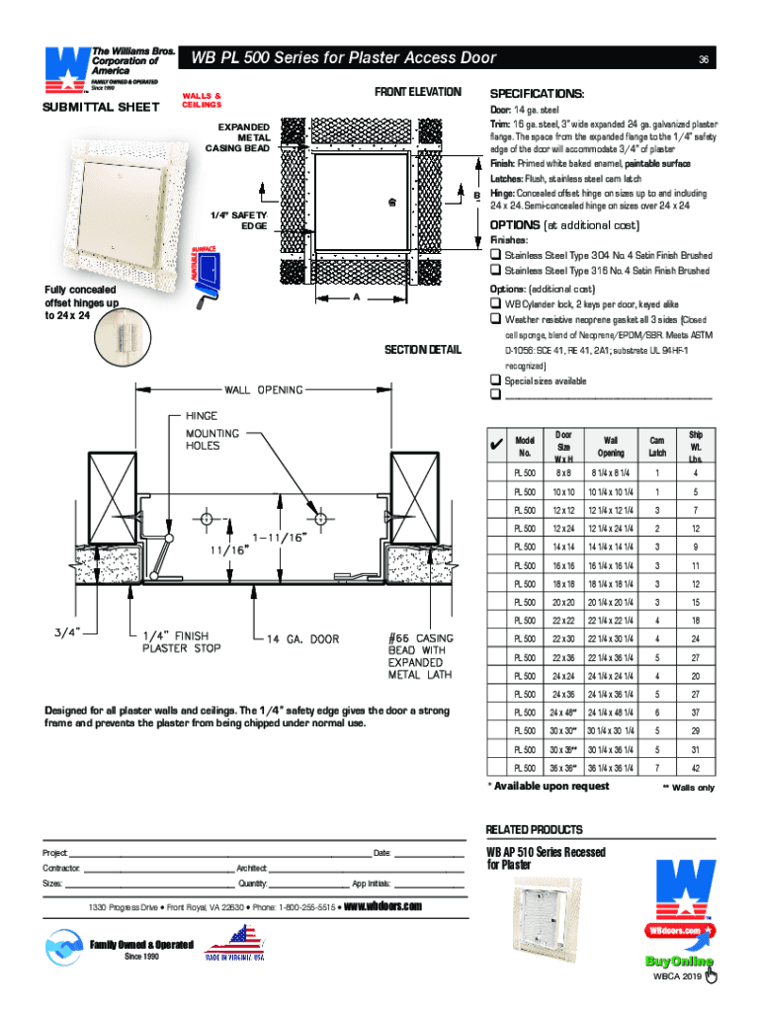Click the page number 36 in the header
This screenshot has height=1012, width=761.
click(704, 58)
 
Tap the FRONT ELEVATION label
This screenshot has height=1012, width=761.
click(418, 92)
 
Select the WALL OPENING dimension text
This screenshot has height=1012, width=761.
click(267, 390)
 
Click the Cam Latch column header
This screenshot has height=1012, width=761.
click(656, 446)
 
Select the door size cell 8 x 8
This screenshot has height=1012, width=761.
click(563, 473)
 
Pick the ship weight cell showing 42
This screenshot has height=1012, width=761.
click(696, 766)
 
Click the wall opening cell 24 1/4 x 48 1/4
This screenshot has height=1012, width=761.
click(610, 712)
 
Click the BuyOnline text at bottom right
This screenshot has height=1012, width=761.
click(678, 962)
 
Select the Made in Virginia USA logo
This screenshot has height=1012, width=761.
click(234, 944)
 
